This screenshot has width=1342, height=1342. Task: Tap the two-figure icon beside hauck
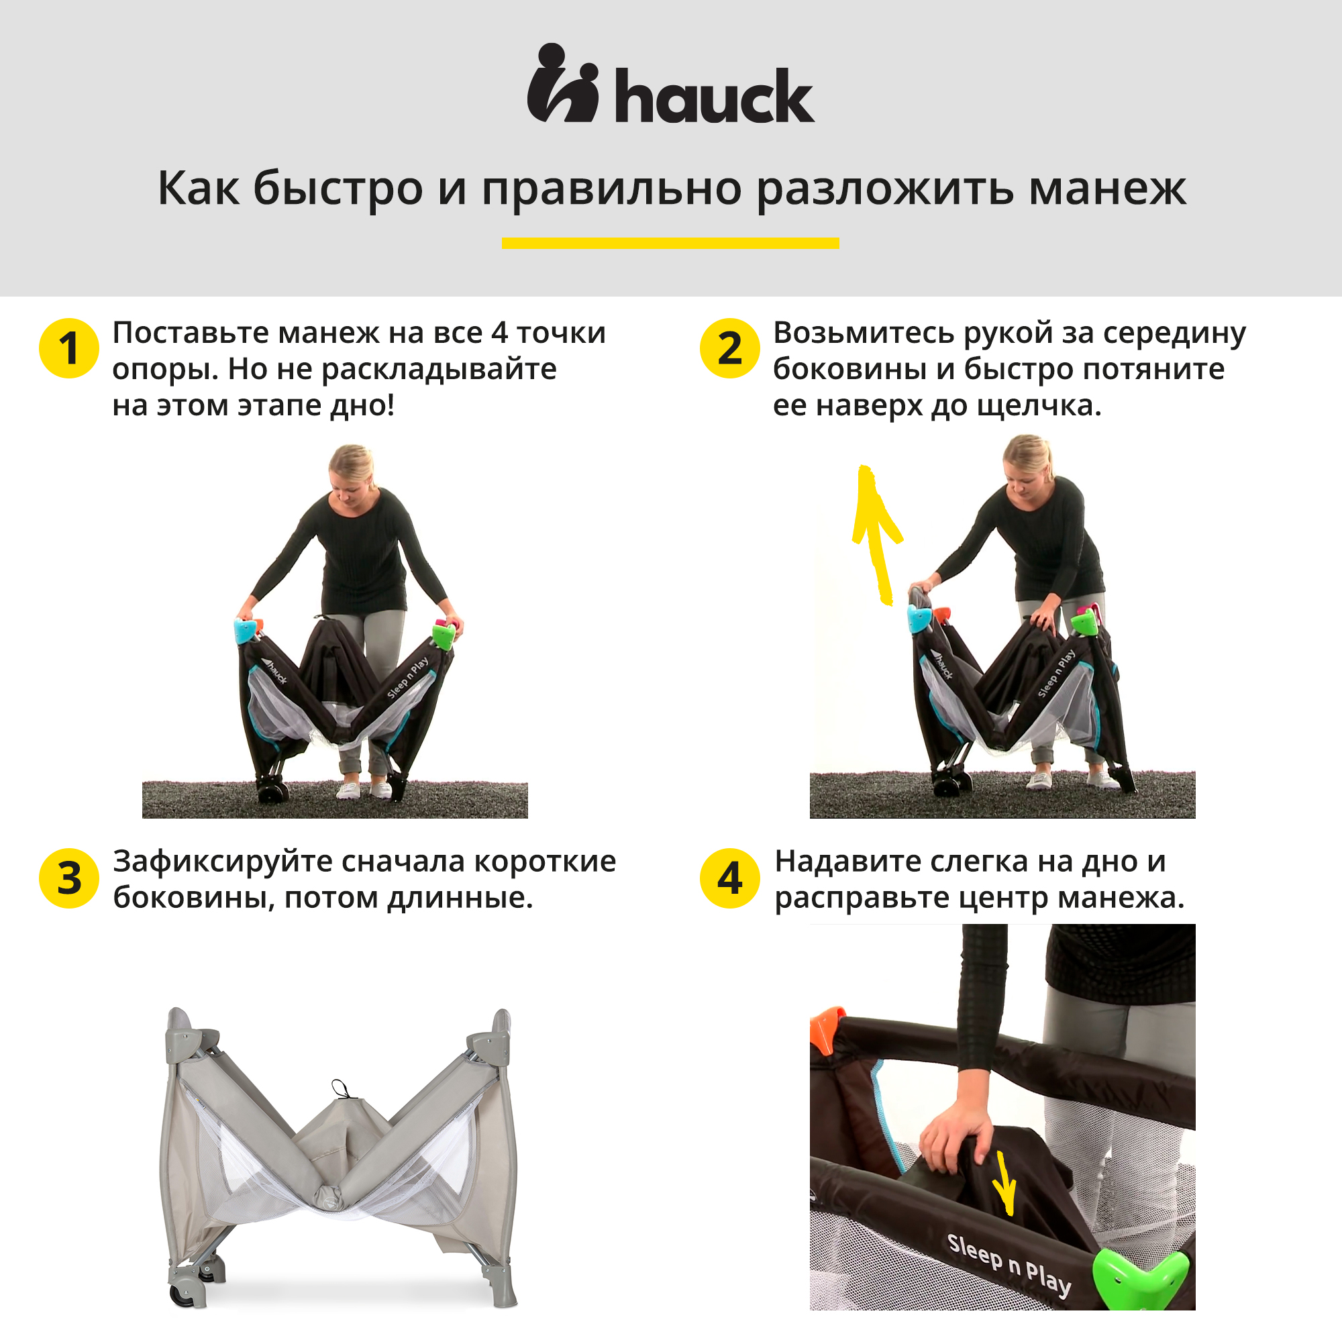(564, 83)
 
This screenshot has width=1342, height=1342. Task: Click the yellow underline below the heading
(670, 243)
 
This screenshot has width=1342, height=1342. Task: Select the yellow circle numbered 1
(68, 348)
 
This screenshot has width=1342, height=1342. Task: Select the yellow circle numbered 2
(730, 348)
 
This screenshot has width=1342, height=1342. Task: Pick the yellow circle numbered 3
(68, 878)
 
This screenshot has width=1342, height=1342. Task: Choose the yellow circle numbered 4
(730, 878)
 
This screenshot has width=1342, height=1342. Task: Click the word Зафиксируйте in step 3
(222, 863)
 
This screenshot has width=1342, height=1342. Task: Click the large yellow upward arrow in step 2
(875, 535)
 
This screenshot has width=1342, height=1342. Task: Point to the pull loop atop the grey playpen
(340, 1088)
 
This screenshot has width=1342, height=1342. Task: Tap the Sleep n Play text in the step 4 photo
(1009, 1264)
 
